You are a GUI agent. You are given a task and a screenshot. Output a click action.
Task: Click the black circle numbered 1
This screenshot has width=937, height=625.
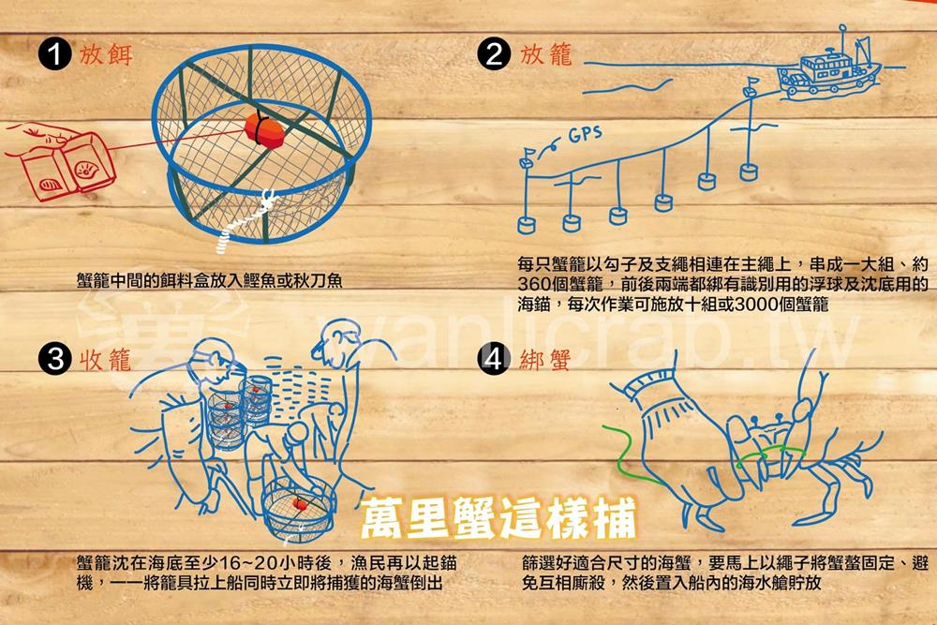[55, 54]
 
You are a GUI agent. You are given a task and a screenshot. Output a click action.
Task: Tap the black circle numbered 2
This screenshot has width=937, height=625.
[494, 54]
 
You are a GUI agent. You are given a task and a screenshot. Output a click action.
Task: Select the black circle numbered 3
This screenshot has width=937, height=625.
[55, 360]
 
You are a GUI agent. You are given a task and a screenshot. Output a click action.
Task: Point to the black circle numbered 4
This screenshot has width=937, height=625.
[494, 360]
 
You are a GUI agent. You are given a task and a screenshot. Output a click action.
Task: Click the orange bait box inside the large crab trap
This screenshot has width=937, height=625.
[263, 130]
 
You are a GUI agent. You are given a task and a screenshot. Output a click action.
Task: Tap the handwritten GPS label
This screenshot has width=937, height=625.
[585, 134]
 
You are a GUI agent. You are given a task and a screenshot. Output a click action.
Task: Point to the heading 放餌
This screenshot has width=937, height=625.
[107, 54]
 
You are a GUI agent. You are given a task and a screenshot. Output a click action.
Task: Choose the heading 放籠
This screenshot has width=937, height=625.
[546, 54]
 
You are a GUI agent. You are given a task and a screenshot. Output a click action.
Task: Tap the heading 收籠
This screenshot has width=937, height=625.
[105, 360]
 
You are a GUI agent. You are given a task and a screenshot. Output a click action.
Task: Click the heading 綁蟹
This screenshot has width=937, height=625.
[545, 360]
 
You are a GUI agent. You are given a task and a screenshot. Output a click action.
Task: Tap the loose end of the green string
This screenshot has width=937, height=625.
[604, 426]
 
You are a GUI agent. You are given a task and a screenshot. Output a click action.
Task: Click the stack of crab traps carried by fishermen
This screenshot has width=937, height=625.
[239, 412]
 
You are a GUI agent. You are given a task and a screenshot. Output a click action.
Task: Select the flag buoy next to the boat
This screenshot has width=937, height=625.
[751, 85]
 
